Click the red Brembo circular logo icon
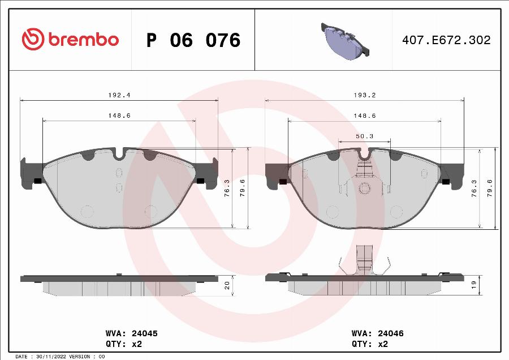click(x=33, y=40)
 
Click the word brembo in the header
click(x=84, y=40)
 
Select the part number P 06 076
click(x=193, y=40)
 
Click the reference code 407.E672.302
click(x=446, y=40)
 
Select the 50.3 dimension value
click(x=364, y=136)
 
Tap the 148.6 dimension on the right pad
click(x=365, y=115)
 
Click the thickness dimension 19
click(x=474, y=285)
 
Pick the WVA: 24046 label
click(x=377, y=333)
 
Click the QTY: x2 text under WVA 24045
click(x=124, y=344)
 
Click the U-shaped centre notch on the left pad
click(x=119, y=153)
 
